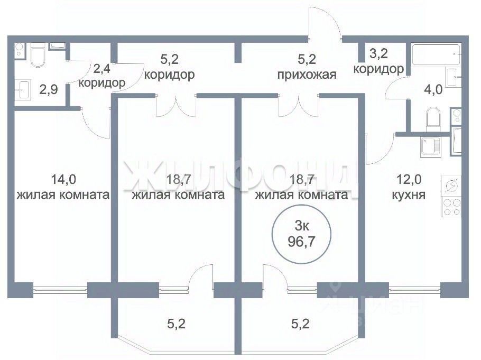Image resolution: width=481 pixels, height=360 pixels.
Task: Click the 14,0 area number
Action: pyautogui.click(x=63, y=179)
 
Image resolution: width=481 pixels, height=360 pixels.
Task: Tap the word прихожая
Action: pyautogui.click(x=307, y=74)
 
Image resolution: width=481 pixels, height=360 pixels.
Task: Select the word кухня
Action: pyautogui.click(x=409, y=195)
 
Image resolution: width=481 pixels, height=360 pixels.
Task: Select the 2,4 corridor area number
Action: pyautogui.click(x=101, y=68)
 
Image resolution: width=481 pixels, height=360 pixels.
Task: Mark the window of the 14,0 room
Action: pyautogui.click(x=59, y=290)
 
